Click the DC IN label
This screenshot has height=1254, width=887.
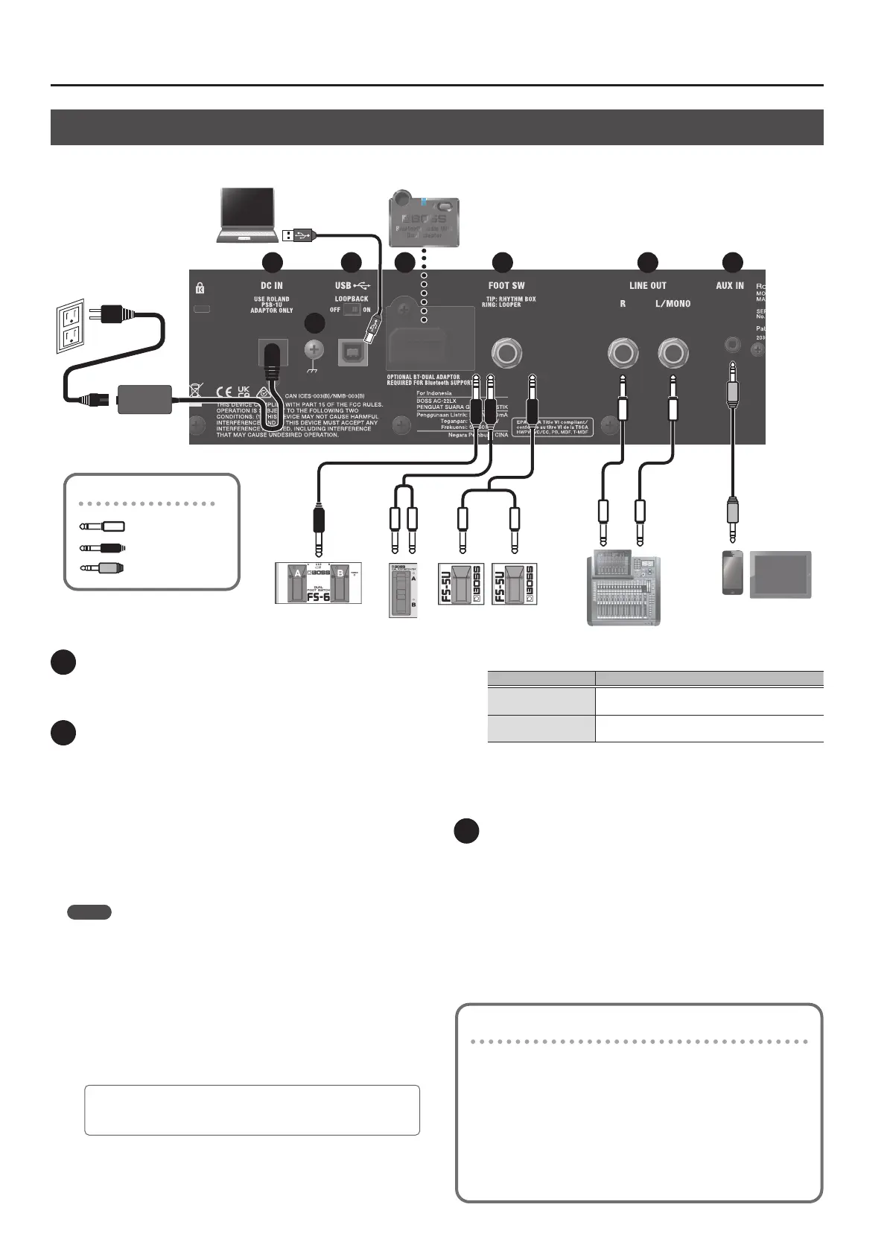pyautogui.click(x=271, y=285)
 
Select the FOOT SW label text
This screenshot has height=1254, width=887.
pyautogui.click(x=506, y=285)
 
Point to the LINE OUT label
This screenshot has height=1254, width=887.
pyautogui.click(x=648, y=285)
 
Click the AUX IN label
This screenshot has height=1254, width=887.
pyautogui.click(x=729, y=285)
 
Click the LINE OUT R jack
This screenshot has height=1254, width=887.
pyautogui.click(x=622, y=352)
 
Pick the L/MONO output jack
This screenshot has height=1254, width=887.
pyautogui.click(x=673, y=352)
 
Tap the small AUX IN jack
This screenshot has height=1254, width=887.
pyautogui.click(x=734, y=346)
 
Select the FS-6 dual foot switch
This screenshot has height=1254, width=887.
pyautogui.click(x=318, y=582)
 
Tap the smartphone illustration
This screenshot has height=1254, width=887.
pyautogui.click(x=733, y=573)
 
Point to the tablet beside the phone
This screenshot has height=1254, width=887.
pyautogui.click(x=780, y=573)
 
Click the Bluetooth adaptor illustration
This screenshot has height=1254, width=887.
pyautogui.click(x=425, y=217)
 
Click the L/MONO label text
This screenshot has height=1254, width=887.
pyautogui.click(x=673, y=304)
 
